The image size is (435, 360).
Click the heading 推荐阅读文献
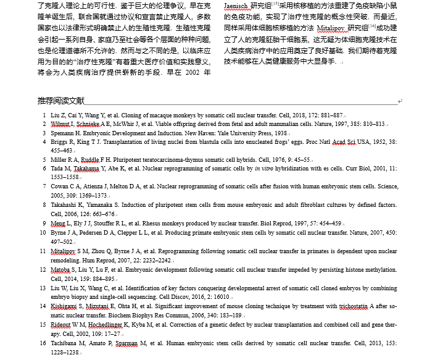click(61, 101)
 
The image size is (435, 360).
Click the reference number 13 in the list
click(43, 288)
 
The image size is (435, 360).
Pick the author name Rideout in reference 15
click(62, 324)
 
